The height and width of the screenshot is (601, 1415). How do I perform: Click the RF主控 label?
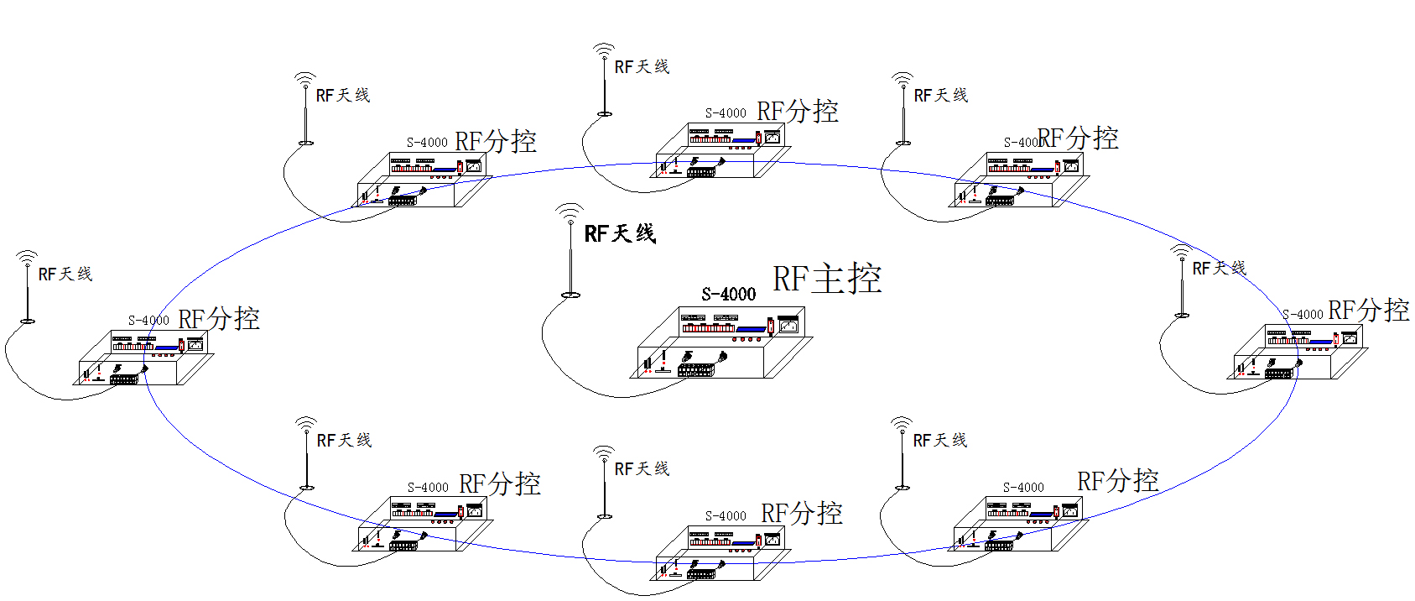coord(826,279)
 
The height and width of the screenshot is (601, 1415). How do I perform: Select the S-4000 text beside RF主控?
coord(728,294)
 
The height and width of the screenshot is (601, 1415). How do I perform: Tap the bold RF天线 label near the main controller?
coord(619,234)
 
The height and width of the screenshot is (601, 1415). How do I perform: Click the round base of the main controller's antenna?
coord(570,295)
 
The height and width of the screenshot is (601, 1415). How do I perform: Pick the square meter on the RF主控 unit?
coord(788,324)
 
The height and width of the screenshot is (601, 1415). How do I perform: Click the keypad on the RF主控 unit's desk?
coord(696,369)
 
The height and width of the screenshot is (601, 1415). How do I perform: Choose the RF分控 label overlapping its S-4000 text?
coord(1078,138)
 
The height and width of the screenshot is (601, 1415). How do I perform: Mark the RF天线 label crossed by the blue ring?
coord(1219,269)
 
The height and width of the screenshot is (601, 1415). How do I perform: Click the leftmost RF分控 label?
coord(219,319)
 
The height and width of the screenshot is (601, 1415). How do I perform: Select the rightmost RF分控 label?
coord(1368,311)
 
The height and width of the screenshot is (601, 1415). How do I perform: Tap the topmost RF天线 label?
coord(642,67)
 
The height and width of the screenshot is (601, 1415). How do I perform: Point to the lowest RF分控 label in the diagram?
coord(801,514)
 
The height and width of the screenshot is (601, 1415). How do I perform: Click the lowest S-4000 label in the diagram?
coord(726,516)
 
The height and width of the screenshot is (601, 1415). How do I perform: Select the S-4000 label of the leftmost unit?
coord(148,321)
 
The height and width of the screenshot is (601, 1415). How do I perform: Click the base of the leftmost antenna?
coord(28,321)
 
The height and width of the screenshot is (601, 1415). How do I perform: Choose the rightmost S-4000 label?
coord(1303,315)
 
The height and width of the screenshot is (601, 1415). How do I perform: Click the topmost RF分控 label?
coord(798,112)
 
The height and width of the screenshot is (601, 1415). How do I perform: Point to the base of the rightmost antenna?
coord(1182,315)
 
